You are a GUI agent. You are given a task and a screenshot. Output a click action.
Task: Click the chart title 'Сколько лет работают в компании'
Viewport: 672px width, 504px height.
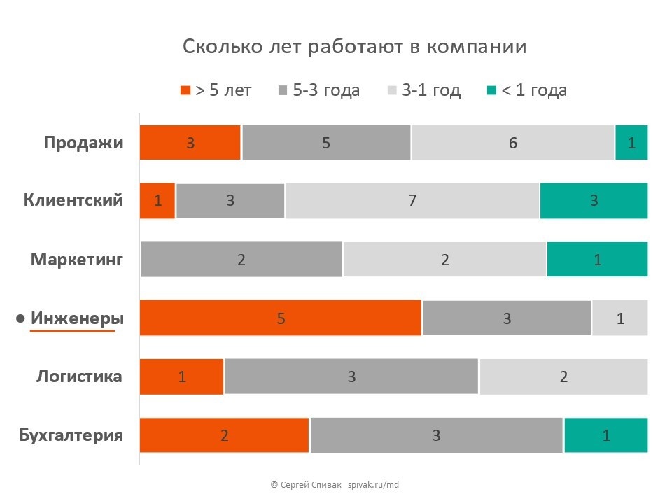354,47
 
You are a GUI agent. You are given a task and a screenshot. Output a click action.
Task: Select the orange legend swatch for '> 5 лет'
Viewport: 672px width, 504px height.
185,90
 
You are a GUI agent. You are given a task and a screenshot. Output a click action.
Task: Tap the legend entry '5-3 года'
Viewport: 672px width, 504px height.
319,90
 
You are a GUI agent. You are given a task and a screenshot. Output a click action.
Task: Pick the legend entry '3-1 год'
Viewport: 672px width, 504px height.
423,90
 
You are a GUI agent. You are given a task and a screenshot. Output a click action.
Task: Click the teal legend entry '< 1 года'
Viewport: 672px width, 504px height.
527,90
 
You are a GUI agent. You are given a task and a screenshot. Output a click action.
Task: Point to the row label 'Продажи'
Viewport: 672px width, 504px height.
83,143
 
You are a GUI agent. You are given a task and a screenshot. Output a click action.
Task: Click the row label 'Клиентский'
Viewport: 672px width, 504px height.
73,200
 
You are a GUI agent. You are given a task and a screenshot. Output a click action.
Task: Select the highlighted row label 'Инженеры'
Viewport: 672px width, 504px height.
77,318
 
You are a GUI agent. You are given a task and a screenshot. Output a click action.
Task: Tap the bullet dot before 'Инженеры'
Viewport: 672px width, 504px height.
21,319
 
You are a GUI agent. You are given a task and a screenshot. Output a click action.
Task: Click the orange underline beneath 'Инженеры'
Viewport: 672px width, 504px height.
72,331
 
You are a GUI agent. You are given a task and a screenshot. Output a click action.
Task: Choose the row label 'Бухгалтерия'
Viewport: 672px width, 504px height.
71,435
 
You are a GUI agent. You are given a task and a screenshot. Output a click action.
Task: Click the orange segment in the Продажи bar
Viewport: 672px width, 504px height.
190,143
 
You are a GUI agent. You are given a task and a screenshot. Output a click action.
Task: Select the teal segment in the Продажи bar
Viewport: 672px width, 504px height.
631,143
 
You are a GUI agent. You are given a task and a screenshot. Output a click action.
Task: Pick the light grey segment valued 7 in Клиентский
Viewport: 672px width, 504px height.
412,201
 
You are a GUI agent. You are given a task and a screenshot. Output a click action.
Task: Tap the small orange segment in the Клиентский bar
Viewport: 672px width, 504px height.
157,201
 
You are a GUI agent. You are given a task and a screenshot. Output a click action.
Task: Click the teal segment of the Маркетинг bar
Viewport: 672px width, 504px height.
597,260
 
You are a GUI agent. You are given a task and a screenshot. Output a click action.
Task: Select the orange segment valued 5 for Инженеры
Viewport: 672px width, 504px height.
281,318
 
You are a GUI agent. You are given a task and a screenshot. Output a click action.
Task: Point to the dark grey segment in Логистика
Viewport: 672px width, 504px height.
351,377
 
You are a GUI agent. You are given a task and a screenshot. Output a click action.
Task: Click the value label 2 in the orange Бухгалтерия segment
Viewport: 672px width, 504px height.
225,435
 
